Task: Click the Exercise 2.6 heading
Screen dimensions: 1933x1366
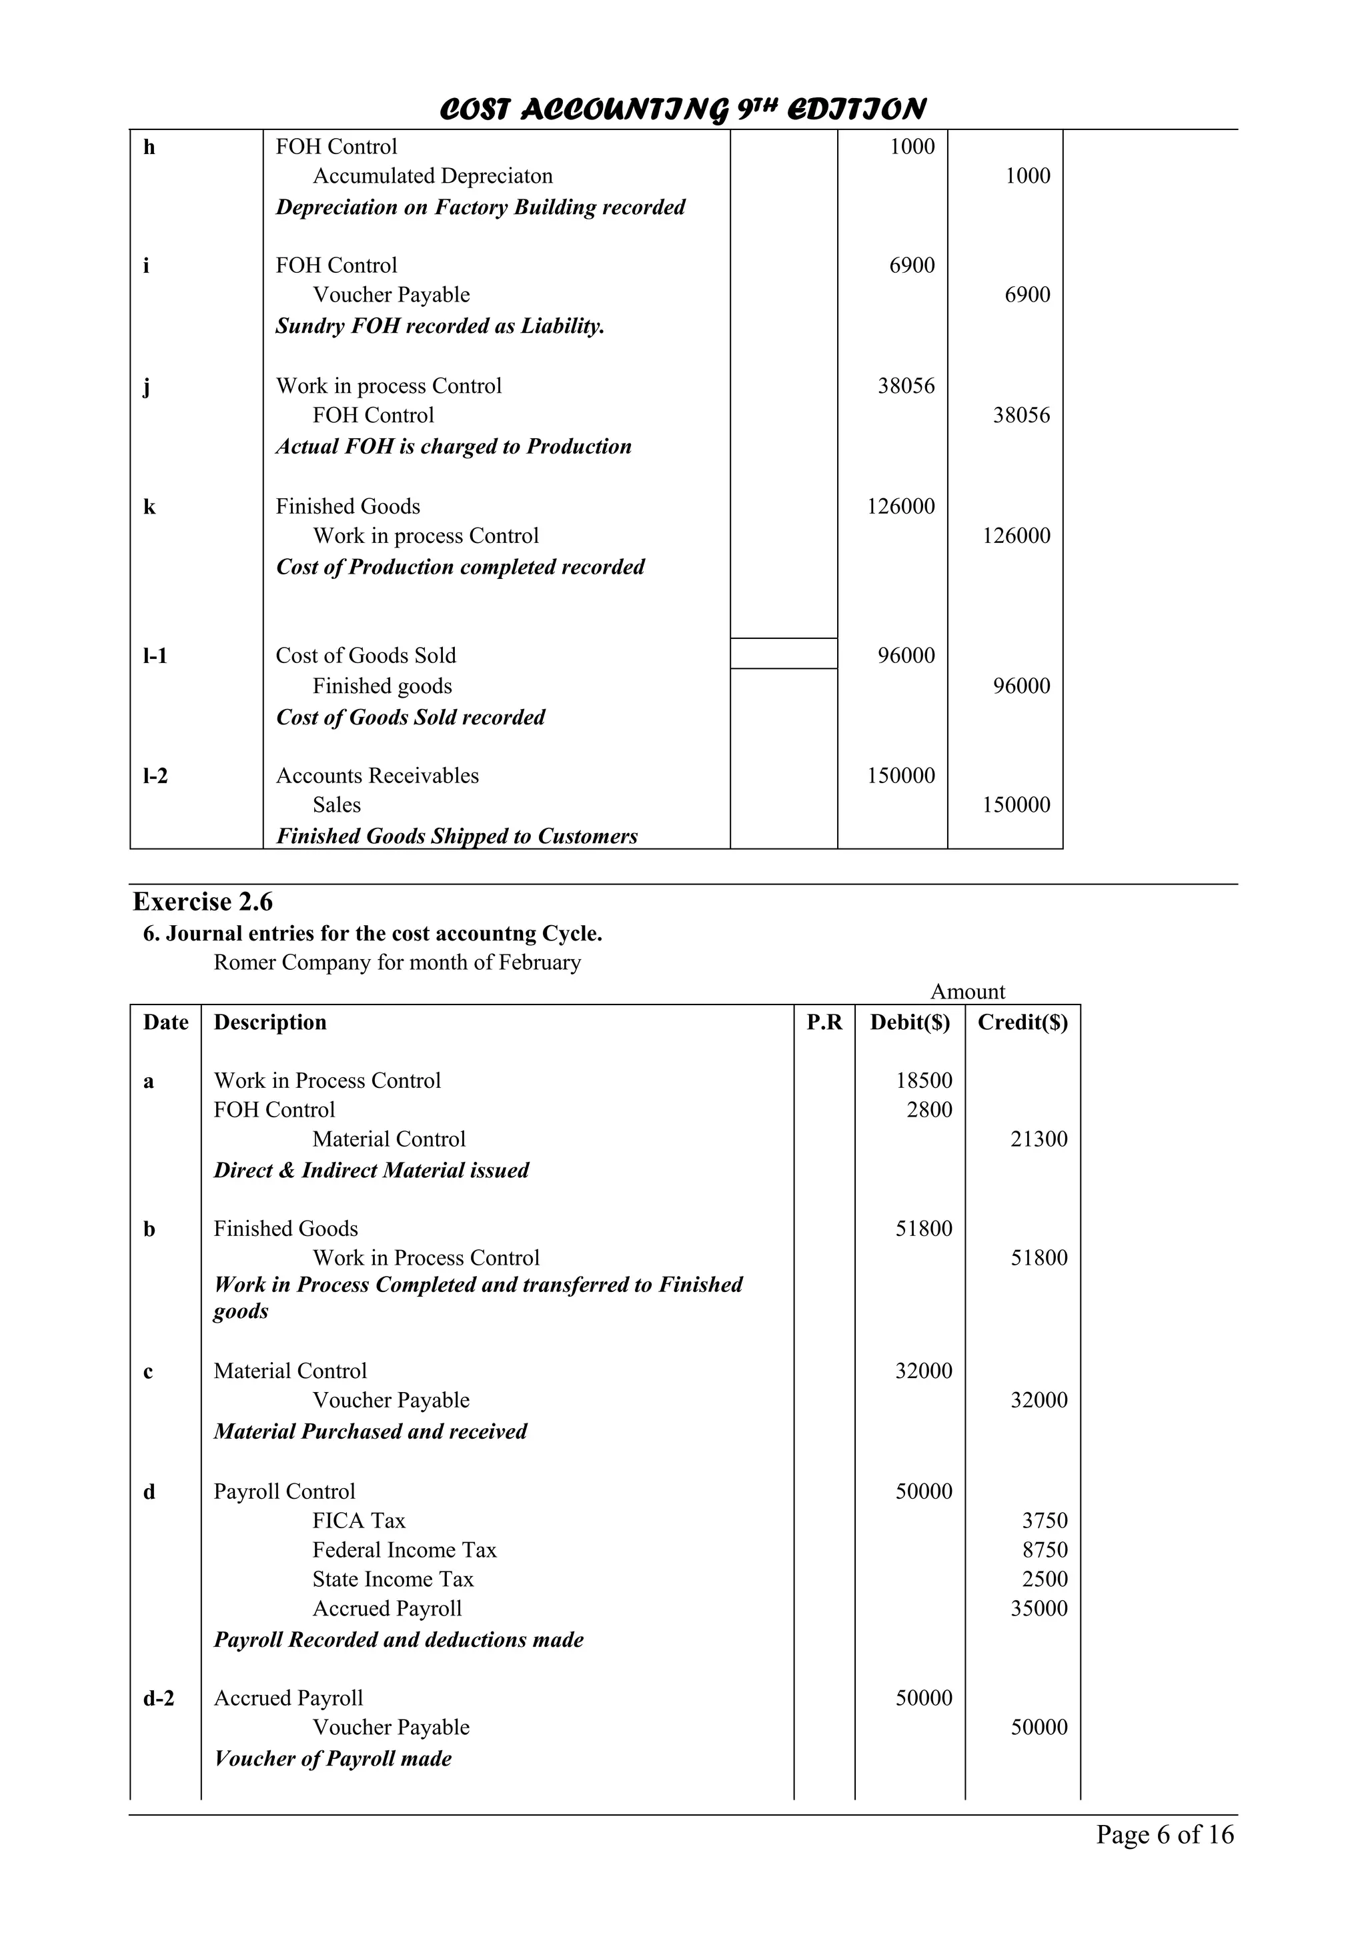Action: click(203, 902)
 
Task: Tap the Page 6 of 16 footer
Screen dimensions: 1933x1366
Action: click(1164, 1834)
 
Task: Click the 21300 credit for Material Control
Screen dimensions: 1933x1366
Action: click(1039, 1139)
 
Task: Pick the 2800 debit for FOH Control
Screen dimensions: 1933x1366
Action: click(929, 1110)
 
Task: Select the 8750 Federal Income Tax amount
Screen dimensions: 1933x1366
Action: click(1045, 1550)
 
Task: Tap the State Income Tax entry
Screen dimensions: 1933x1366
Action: click(393, 1579)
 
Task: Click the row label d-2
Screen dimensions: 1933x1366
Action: click(158, 1698)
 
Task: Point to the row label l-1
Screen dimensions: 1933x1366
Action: click(155, 656)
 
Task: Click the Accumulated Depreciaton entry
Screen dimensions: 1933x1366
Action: click(433, 176)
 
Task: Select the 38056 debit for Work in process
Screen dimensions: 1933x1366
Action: click(906, 386)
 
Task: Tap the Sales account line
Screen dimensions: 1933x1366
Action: click(337, 805)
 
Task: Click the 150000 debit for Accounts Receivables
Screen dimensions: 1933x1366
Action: click(900, 775)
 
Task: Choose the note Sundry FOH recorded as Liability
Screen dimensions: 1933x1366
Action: click(440, 326)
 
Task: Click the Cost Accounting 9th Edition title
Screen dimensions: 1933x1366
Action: click(682, 109)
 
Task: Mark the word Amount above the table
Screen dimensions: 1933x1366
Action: click(967, 992)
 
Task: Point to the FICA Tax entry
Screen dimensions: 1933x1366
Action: click(359, 1521)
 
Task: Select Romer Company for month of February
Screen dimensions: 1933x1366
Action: click(398, 962)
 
